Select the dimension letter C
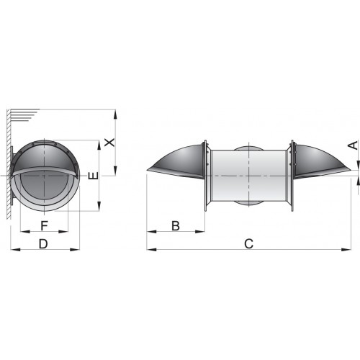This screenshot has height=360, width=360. pyautogui.click(x=248, y=243)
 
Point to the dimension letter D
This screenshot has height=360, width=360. pyautogui.click(x=44, y=243)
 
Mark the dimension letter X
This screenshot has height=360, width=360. pyautogui.click(x=109, y=142)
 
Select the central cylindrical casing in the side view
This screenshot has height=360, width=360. pyautogui.click(x=248, y=176)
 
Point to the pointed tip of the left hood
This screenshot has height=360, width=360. pyautogui.click(x=147, y=171)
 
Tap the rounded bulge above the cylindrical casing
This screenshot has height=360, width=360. pyautogui.click(x=248, y=147)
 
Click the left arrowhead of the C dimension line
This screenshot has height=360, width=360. pyautogui.click(x=150, y=250)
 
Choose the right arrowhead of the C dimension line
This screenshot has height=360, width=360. pyautogui.click(x=346, y=250)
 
